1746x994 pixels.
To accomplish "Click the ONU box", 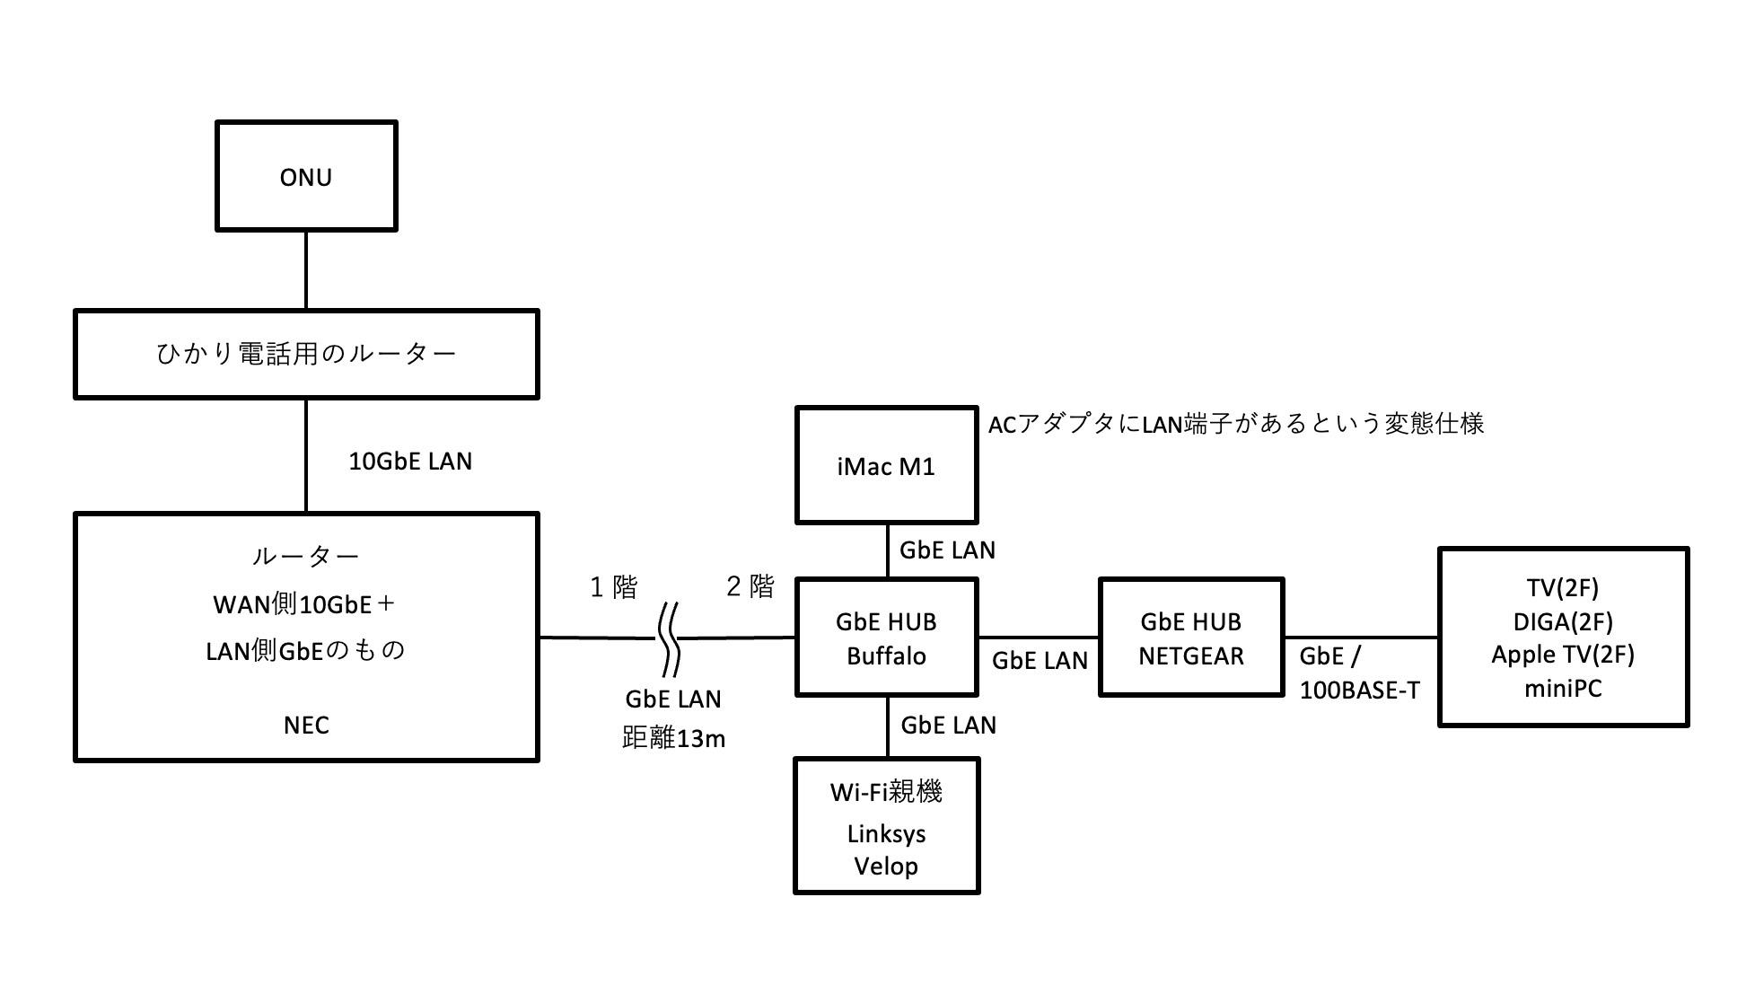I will coord(306,176).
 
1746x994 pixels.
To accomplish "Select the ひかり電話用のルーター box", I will coord(306,354).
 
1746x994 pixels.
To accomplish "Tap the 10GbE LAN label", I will coord(410,462).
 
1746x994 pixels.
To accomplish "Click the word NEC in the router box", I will coord(306,726).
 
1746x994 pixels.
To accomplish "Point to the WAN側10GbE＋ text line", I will coord(305,604).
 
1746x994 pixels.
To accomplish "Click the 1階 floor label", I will coord(614,587).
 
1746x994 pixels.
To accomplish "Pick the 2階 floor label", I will coord(750,586).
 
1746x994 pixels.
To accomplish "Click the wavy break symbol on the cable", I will coord(669,638).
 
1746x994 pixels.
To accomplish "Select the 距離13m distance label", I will coord(673,738).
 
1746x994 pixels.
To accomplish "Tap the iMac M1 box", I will coord(886,465).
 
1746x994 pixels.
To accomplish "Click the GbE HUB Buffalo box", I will coord(886,638).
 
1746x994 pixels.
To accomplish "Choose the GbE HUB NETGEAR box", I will coord(1191,638).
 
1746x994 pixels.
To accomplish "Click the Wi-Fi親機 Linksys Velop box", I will coord(886,827).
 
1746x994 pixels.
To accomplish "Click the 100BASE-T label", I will coord(1360,691).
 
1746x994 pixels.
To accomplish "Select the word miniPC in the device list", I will coord(1563,689).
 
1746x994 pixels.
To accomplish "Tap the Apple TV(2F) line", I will coord(1563,655).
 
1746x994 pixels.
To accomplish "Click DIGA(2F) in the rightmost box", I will coord(1563,621).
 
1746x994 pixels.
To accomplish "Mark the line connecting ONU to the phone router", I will coord(306,270).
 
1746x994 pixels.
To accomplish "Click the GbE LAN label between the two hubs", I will coord(1040,661).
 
